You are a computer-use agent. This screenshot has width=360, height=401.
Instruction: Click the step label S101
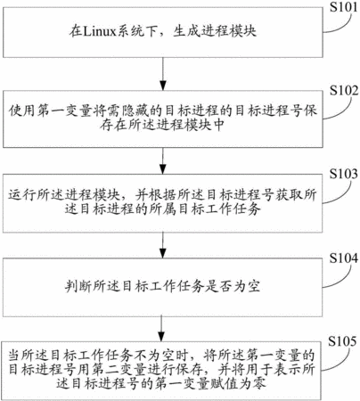click(x=344, y=7)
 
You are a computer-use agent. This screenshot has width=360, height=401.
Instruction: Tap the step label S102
click(x=344, y=91)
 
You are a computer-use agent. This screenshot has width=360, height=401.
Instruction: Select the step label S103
click(x=344, y=174)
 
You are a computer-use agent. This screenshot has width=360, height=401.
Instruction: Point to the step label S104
click(x=344, y=258)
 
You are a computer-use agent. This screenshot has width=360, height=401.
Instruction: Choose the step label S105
click(x=342, y=341)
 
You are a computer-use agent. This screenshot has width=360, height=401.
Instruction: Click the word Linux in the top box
click(x=99, y=31)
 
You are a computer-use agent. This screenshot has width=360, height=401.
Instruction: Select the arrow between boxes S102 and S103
click(x=162, y=160)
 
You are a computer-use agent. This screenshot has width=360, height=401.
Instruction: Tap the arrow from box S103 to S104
click(x=162, y=245)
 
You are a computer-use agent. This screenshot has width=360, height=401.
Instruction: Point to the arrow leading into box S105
click(x=161, y=329)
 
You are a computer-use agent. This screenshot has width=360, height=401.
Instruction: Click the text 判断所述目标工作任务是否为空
click(x=163, y=286)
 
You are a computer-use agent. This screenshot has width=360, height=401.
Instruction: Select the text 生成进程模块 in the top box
click(x=215, y=31)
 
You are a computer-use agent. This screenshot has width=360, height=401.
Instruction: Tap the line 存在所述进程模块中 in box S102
click(x=161, y=126)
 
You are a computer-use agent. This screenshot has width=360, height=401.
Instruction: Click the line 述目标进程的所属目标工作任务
click(x=163, y=209)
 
